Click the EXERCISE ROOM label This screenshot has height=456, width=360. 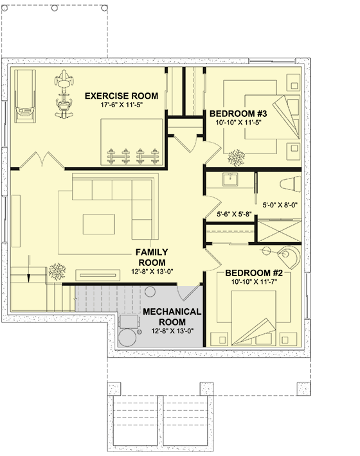click(122, 96)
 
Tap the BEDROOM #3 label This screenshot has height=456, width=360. click(238, 114)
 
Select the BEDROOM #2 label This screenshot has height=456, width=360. click(254, 273)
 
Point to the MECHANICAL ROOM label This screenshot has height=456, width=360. click(172, 317)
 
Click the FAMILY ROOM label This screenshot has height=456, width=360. click(152, 258)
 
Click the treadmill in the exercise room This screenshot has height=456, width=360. click(25, 96)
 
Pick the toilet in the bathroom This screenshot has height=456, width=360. click(291, 184)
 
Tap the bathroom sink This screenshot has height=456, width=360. click(230, 179)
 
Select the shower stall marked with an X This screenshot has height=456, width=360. click(280, 231)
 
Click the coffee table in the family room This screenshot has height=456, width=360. click(98, 224)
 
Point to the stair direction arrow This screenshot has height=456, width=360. click(29, 268)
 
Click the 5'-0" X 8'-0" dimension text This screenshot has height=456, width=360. click(280, 205)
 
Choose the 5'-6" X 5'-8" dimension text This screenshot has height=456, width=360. click(234, 215)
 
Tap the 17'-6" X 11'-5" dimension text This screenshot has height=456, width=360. click(122, 105)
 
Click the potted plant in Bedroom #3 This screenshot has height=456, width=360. click(237, 158)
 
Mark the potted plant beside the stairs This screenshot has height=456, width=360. click(57, 272)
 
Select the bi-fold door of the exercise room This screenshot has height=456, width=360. click(42, 160)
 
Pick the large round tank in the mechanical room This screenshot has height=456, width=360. click(127, 337)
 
